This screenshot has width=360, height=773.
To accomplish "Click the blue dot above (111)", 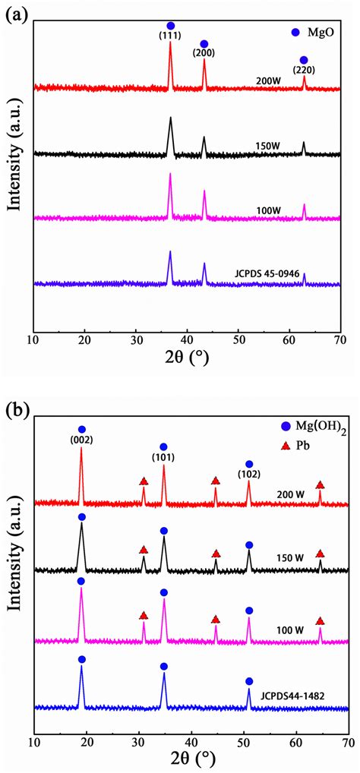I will [x=170, y=26].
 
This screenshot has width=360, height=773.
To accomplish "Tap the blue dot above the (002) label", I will [x=82, y=429].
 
